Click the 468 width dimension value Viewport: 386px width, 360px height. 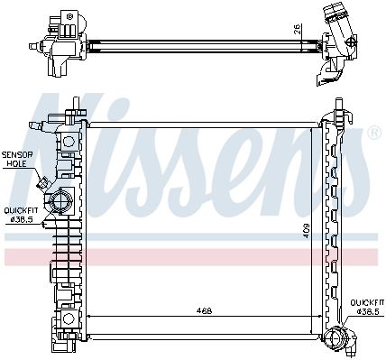point(205,310)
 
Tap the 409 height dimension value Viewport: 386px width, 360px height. point(306,231)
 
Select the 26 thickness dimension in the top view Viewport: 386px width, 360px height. point(297,29)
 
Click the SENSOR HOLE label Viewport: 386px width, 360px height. point(17,160)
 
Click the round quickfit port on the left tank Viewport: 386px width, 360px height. point(60,200)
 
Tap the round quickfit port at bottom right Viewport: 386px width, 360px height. point(334,344)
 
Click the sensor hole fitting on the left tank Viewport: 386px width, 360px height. point(42,182)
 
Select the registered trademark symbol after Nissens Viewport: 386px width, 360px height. point(374,132)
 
